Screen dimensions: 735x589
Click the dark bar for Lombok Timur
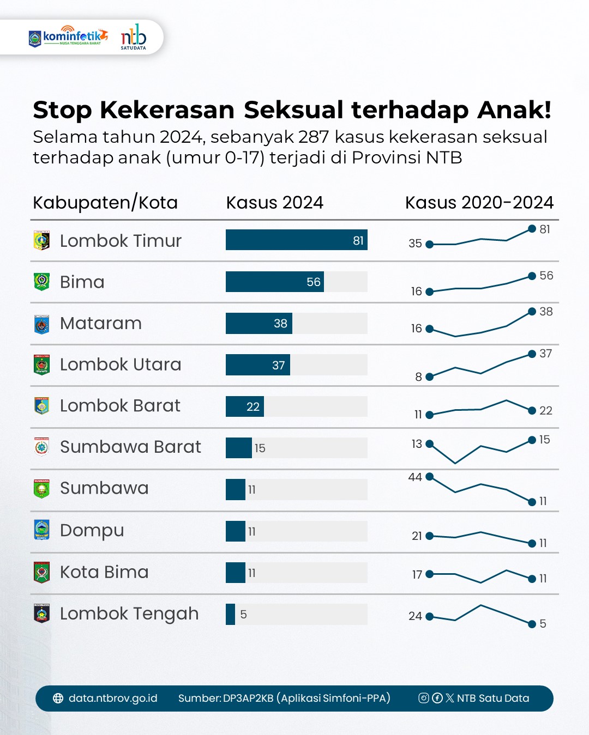tap(296, 240)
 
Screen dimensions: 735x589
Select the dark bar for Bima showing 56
tap(274, 282)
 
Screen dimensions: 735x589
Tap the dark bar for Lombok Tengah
tap(230, 614)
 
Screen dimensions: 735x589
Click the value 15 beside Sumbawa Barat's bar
tap(260, 448)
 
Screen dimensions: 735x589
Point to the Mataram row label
tap(100, 323)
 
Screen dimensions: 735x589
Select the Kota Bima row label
tap(104, 572)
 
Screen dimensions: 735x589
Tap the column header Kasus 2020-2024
tap(479, 203)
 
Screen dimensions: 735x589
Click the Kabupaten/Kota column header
tap(105, 203)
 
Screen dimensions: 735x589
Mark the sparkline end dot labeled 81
tap(532, 229)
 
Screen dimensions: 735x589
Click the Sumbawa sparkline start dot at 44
tap(429, 477)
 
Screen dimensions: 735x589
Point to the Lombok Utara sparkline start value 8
tap(418, 377)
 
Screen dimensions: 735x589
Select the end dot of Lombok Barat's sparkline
tap(532, 410)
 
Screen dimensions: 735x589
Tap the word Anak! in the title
tap(514, 110)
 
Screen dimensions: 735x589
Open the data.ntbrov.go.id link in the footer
tap(113, 698)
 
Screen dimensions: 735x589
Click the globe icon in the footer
tap(58, 698)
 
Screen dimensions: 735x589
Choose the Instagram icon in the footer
tap(423, 698)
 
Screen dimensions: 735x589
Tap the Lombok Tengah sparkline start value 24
tap(415, 616)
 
